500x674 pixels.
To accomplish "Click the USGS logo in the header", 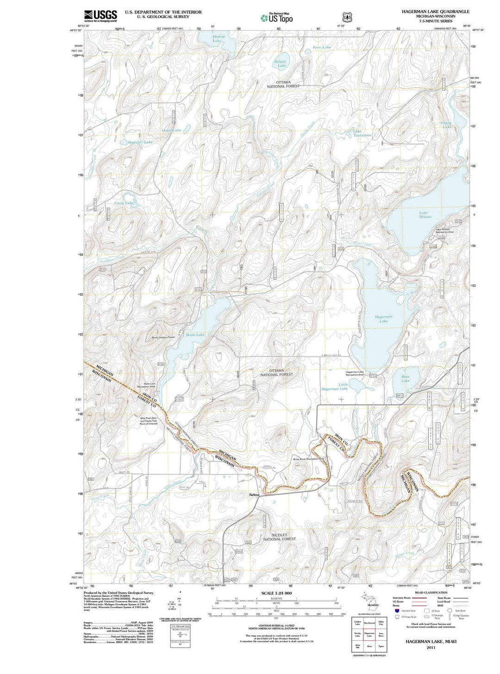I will pyautogui.click(x=100, y=16).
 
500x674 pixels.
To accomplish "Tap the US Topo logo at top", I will pyautogui.click(x=277, y=19).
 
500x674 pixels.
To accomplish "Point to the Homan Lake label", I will pyautogui.click(x=219, y=39).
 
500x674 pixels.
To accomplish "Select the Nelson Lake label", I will pyautogui.click(x=281, y=63).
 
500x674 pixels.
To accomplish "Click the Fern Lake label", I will pyautogui.click(x=322, y=48).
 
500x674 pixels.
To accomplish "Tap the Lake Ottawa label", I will pyautogui.click(x=425, y=215).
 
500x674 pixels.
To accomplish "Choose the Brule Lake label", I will pyautogui.click(x=195, y=334).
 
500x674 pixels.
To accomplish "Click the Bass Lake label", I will pyautogui.click(x=405, y=378).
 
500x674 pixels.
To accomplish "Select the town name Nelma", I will pyautogui.click(x=254, y=495).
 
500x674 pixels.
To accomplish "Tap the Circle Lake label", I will pyautogui.click(x=124, y=203).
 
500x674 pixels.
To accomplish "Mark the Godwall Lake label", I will pyautogui.click(x=140, y=142).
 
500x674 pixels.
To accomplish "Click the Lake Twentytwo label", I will pyautogui.click(x=362, y=133).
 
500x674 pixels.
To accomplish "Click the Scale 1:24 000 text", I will pyautogui.click(x=276, y=593).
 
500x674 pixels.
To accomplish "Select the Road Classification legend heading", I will pyautogui.click(x=431, y=593).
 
